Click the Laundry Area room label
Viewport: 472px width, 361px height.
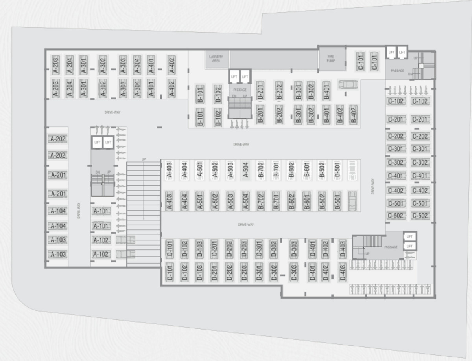click(x=216, y=59)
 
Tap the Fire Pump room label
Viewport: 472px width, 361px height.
click(x=331, y=59)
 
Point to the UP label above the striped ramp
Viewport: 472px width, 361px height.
click(x=144, y=159)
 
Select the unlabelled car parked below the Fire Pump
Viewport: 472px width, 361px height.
click(x=348, y=84)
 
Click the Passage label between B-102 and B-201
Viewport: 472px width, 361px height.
click(x=240, y=90)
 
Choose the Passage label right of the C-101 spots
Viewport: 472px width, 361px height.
click(x=397, y=71)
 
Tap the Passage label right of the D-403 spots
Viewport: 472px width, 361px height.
click(x=391, y=247)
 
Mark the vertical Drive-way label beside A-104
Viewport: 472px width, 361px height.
click(x=79, y=211)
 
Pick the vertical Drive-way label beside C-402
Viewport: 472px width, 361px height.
click(x=372, y=187)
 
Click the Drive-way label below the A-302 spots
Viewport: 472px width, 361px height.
click(x=112, y=112)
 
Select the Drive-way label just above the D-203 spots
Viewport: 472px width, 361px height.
click(x=245, y=225)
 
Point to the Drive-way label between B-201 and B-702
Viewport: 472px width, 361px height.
click(x=241, y=145)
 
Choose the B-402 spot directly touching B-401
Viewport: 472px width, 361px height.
click(x=339, y=114)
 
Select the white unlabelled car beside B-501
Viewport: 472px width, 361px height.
click(x=352, y=170)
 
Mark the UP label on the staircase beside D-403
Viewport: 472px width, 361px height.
click(x=367, y=254)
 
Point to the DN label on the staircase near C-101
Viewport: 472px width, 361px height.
click(x=410, y=73)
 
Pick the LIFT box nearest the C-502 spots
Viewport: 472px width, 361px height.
click(x=410, y=237)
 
